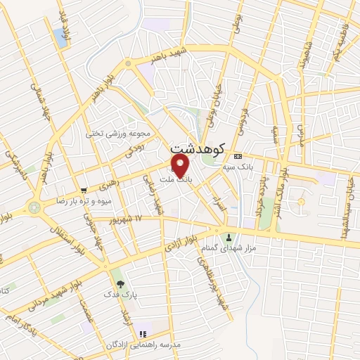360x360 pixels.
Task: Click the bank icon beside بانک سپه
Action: (238, 155)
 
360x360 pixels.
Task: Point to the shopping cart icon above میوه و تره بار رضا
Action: (84, 190)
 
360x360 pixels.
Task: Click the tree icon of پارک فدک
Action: (120, 285)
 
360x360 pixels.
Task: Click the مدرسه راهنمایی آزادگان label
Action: (138, 345)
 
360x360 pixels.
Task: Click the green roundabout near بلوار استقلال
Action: (34, 207)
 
